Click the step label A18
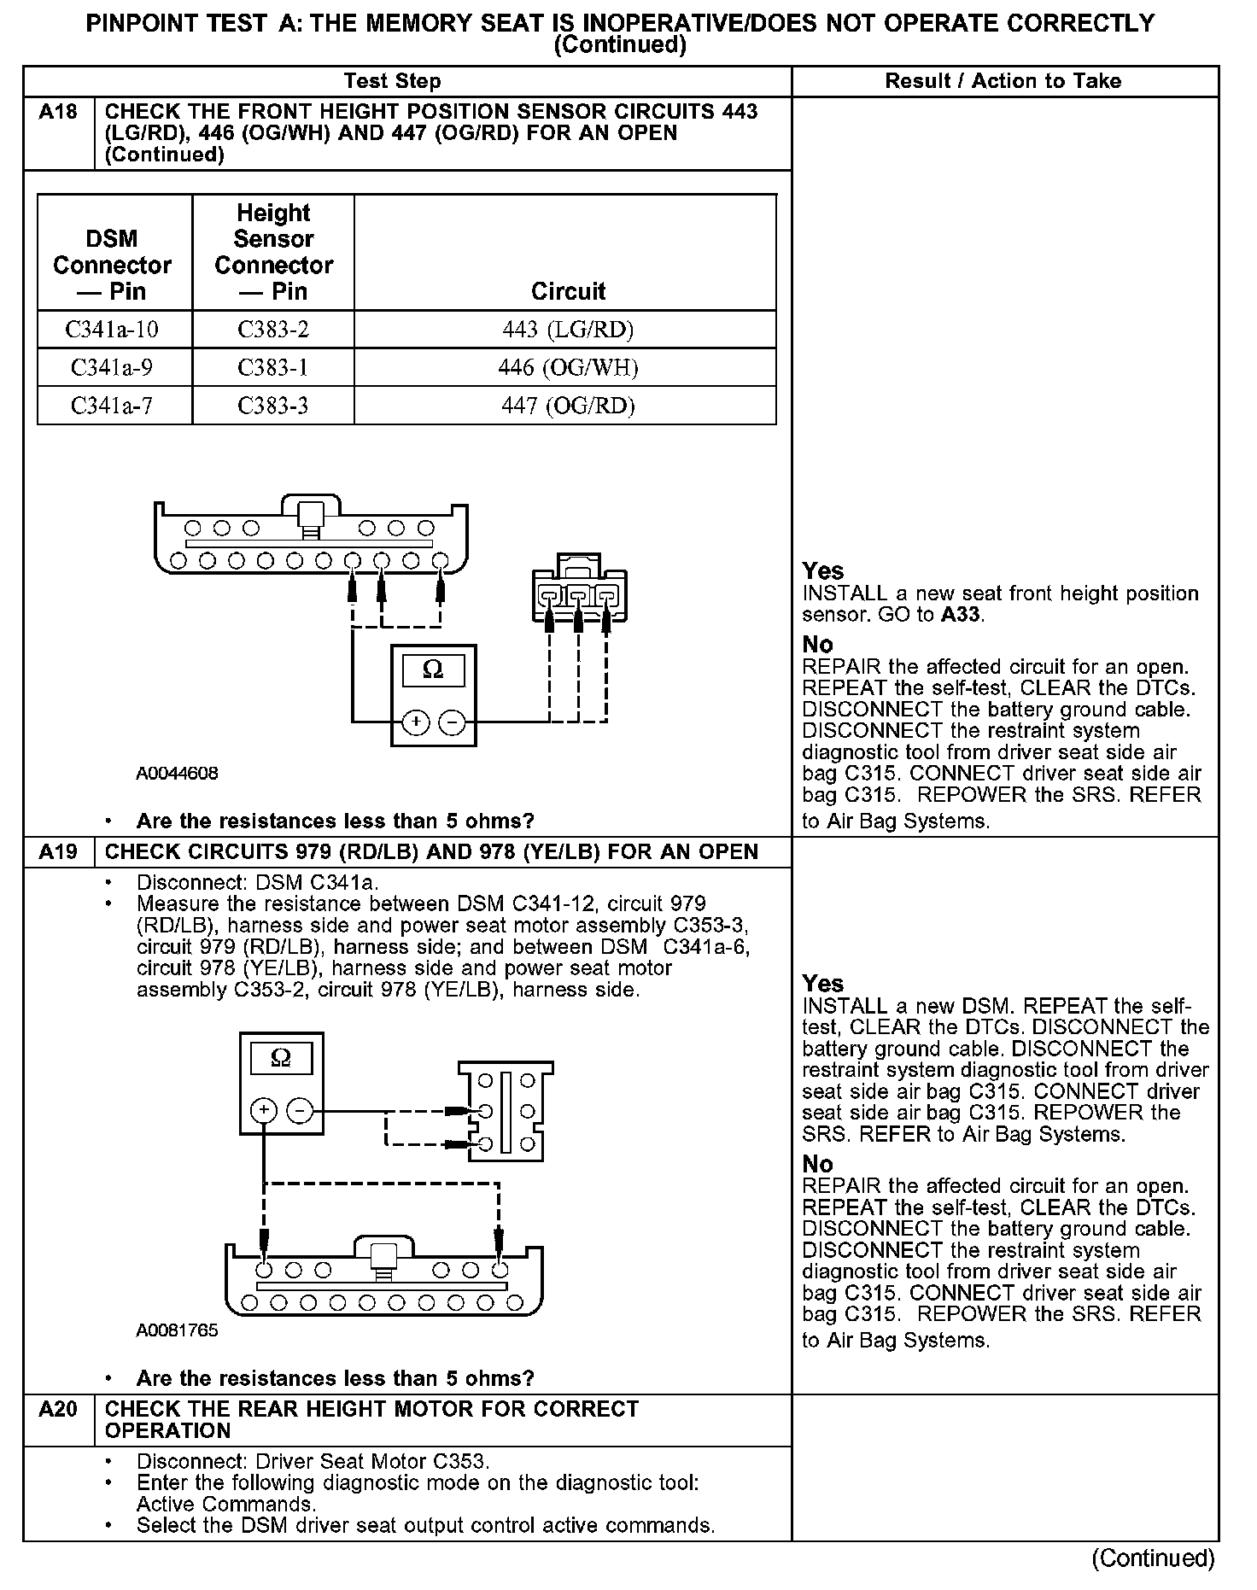pyautogui.click(x=58, y=112)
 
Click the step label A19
pyautogui.click(x=58, y=852)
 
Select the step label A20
pyautogui.click(x=58, y=1409)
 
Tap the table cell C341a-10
pyautogui.click(x=112, y=330)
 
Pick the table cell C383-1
pyautogui.click(x=272, y=368)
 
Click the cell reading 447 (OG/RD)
pyautogui.click(x=568, y=406)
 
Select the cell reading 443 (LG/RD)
pyautogui.click(x=568, y=330)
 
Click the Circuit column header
pyautogui.click(x=568, y=291)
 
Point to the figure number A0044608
pyautogui.click(x=178, y=774)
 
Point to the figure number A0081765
pyautogui.click(x=178, y=1330)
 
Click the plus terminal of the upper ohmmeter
pyautogui.click(x=416, y=723)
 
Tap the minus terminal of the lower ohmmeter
pyautogui.click(x=299, y=1111)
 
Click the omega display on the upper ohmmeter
pyautogui.click(x=433, y=671)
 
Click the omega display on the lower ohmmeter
pyautogui.click(x=281, y=1060)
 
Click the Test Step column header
pyautogui.click(x=393, y=81)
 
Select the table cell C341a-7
pyautogui.click(x=112, y=406)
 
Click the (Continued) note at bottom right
pyautogui.click(x=1153, y=1558)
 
